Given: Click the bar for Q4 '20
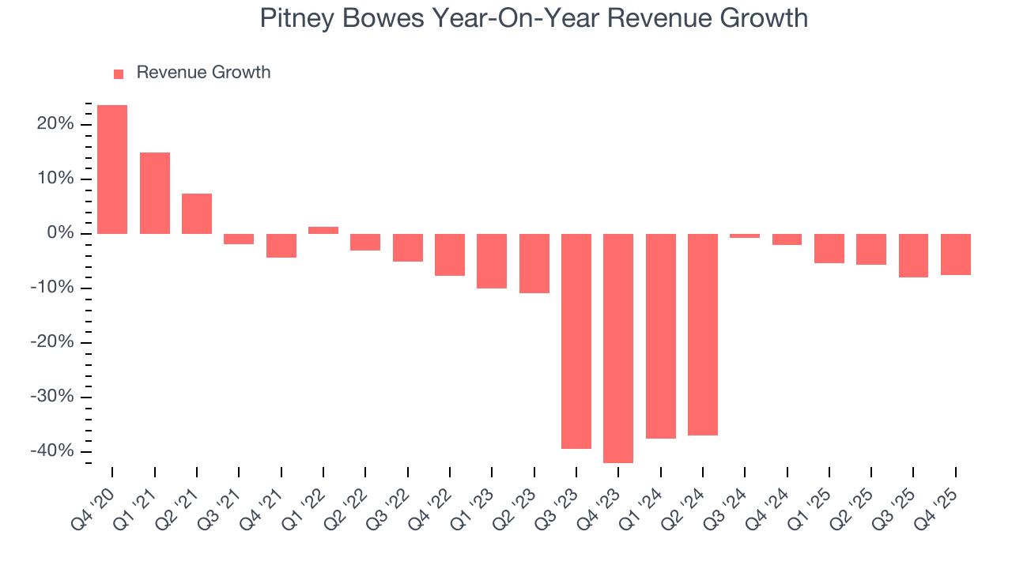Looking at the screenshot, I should (112, 169).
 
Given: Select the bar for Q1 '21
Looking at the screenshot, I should (155, 193).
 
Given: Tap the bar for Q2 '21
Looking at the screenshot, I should (197, 213).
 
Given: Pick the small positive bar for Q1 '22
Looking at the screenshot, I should (323, 230).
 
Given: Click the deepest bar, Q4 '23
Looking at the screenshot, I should (618, 348).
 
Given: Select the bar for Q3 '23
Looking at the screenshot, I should (576, 341).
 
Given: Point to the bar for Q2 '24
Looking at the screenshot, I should (703, 334).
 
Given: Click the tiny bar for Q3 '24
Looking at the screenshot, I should (745, 236).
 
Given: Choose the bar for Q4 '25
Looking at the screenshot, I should (956, 254).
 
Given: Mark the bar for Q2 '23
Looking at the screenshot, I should (534, 263).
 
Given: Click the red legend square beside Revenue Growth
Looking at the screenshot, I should (119, 73).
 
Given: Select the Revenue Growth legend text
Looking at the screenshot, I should (203, 73).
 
